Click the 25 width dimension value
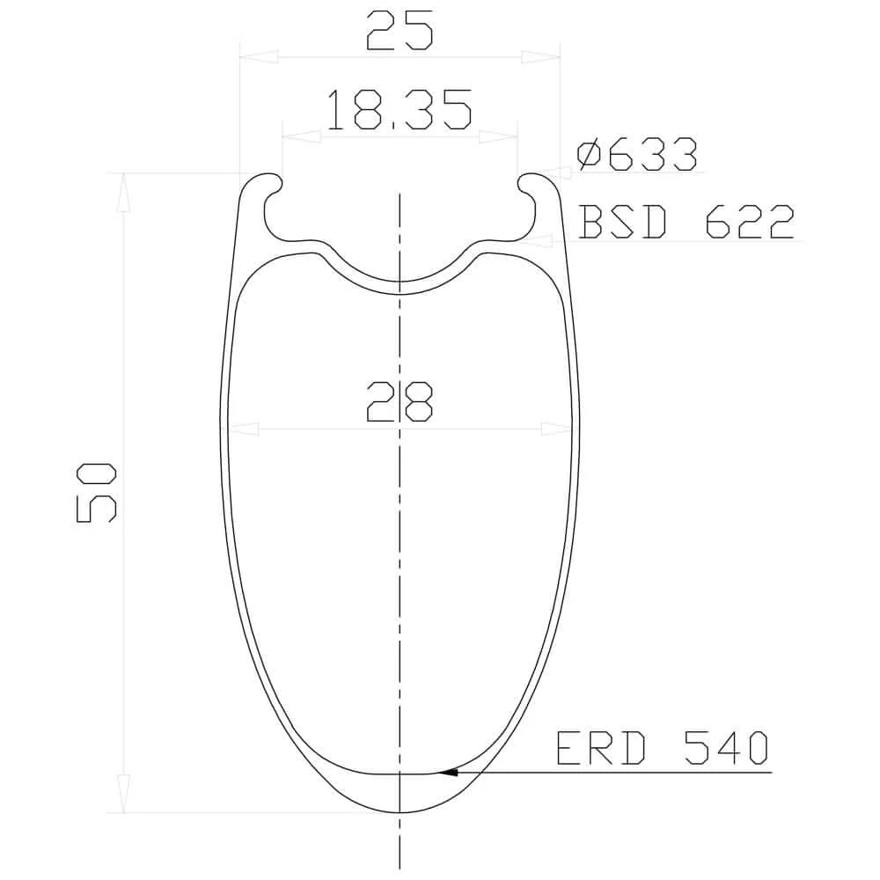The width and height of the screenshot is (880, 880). pyautogui.click(x=400, y=31)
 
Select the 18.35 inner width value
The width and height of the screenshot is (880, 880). pyautogui.click(x=399, y=109)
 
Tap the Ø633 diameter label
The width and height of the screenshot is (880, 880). pyautogui.click(x=637, y=154)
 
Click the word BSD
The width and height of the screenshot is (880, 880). pyautogui.click(x=623, y=222)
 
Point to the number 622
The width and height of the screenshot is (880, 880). pyautogui.click(x=751, y=222)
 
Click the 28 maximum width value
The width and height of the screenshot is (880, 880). pyautogui.click(x=400, y=402)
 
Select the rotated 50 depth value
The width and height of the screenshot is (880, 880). pyautogui.click(x=96, y=493)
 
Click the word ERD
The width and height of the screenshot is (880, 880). pyautogui.click(x=600, y=748)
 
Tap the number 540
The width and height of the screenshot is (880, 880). pyautogui.click(x=726, y=748)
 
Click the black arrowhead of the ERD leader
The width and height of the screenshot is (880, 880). pyautogui.click(x=447, y=773)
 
